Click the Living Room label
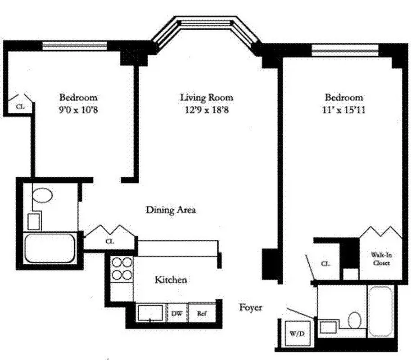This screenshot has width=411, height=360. [207, 97]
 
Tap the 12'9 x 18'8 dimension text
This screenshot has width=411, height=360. [207, 109]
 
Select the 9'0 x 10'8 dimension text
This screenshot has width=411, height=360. [78, 109]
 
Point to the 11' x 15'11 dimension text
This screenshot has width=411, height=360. [344, 109]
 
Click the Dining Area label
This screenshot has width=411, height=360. [171, 210]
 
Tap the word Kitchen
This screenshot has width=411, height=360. [171, 280]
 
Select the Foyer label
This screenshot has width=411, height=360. [250, 307]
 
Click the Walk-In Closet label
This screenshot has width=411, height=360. [380, 259]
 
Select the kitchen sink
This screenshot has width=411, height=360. [150, 313]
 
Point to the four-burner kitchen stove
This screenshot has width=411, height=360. [122, 269]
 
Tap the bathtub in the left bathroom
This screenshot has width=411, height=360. [50, 248]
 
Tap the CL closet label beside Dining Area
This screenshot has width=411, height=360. [109, 241]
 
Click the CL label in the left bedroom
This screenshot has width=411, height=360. [20, 107]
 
